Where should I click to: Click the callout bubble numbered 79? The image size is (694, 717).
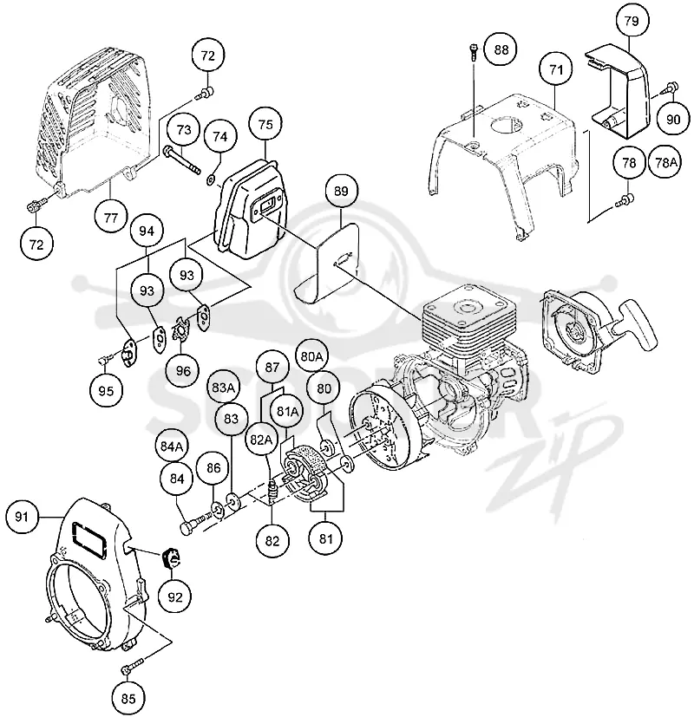coord(632,21)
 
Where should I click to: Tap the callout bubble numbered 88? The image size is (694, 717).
coord(501,49)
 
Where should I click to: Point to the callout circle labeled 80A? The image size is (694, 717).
coord(311,356)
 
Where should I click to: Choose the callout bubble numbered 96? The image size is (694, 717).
coord(183,370)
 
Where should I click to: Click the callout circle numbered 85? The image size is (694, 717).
coord(128,698)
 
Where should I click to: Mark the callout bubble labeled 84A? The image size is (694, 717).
coord(172,446)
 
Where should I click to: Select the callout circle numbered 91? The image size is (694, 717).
coord(22,517)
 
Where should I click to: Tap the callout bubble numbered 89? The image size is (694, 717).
coord(341,191)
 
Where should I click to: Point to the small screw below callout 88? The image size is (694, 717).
coord(473,51)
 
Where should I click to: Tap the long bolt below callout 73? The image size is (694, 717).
coord(181,160)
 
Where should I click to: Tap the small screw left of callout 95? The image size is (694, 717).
coord(103,360)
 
